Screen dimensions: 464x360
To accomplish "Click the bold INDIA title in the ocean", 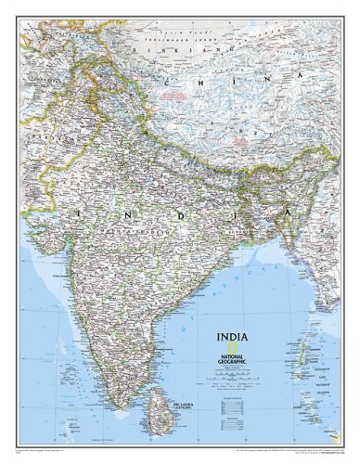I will pos(232,337).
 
